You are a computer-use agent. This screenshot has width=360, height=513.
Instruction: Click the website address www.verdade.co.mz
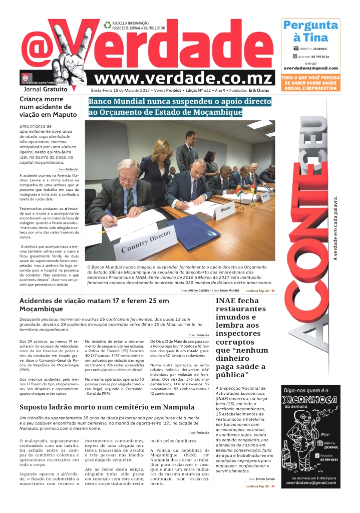click(183, 78)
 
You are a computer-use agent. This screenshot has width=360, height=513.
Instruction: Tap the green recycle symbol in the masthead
click(107, 25)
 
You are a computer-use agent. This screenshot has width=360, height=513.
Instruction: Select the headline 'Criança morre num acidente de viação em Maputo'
click(48, 107)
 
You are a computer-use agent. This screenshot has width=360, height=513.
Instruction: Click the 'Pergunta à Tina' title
click(310, 31)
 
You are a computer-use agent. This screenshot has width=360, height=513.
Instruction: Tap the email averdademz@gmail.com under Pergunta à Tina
click(310, 68)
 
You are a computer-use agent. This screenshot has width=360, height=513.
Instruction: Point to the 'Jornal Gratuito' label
click(46, 89)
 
